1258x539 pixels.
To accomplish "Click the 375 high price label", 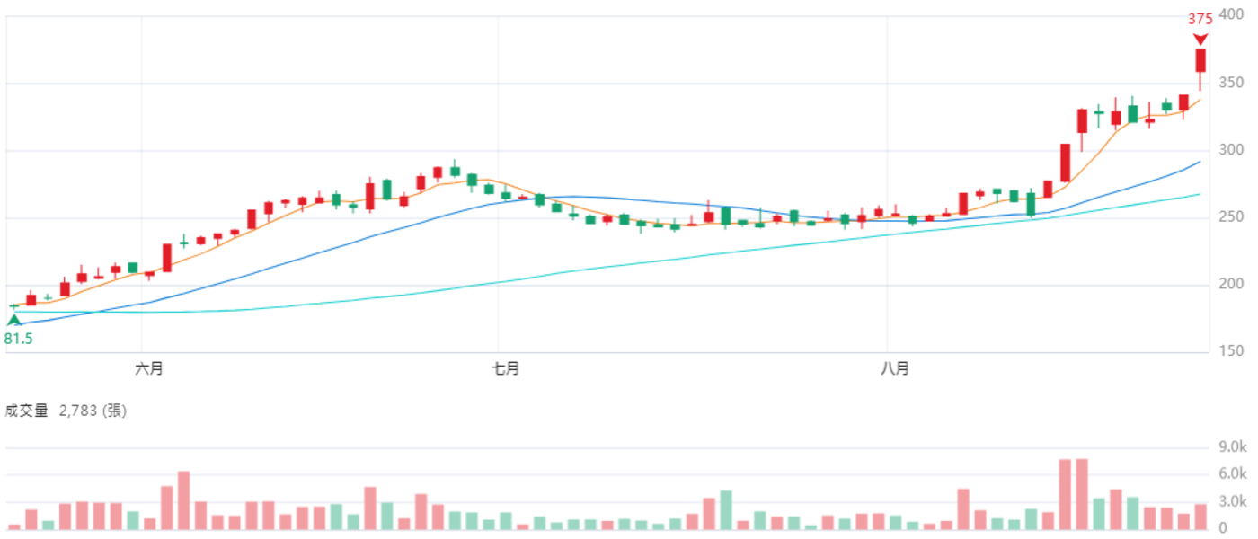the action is coord(1200,19).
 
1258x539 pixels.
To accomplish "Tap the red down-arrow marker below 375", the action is coord(1200,40).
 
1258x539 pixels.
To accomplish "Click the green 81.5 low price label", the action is coord(19,340).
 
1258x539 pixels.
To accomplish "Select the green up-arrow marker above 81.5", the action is coord(13,320).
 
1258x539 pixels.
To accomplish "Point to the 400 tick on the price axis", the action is coord(1230,14).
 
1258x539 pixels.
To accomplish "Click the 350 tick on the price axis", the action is coord(1230,83).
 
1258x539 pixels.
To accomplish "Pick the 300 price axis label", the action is coord(1230,150).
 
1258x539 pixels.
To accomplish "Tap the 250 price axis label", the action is coord(1230,216).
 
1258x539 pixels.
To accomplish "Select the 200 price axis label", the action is coord(1230,284).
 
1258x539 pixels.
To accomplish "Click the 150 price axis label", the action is coord(1230,351).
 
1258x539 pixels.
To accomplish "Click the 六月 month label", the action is coord(149,369).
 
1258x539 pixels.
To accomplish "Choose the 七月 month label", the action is coord(505,369).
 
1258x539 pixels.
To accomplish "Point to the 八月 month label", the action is coord(895,369).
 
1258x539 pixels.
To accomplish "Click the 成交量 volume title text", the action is coord(26,411).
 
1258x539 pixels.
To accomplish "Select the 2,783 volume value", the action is coord(78,411).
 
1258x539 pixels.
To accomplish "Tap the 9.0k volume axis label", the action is coord(1232,447).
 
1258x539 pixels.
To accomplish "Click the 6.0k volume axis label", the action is coord(1232,474).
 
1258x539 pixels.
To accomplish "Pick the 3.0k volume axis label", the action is coord(1232,501).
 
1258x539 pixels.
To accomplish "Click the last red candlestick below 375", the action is coord(1200,61).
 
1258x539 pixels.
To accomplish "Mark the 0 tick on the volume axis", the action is coord(1223,528).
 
